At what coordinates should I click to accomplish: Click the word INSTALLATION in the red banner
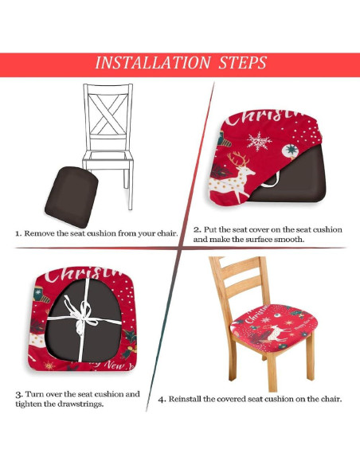(153, 63)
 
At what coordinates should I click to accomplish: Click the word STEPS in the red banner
(242, 63)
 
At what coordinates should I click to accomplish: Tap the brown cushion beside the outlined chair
(72, 197)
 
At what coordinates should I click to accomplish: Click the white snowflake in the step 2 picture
(259, 142)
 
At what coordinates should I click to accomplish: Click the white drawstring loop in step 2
(272, 182)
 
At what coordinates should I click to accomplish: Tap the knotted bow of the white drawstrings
(81, 316)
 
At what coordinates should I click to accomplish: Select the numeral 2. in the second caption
(198, 229)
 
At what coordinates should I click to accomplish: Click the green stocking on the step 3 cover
(41, 294)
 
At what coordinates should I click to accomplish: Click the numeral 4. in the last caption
(162, 399)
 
